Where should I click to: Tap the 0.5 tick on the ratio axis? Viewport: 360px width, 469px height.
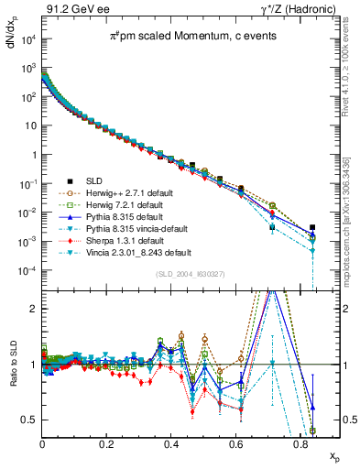coord(30,420)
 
